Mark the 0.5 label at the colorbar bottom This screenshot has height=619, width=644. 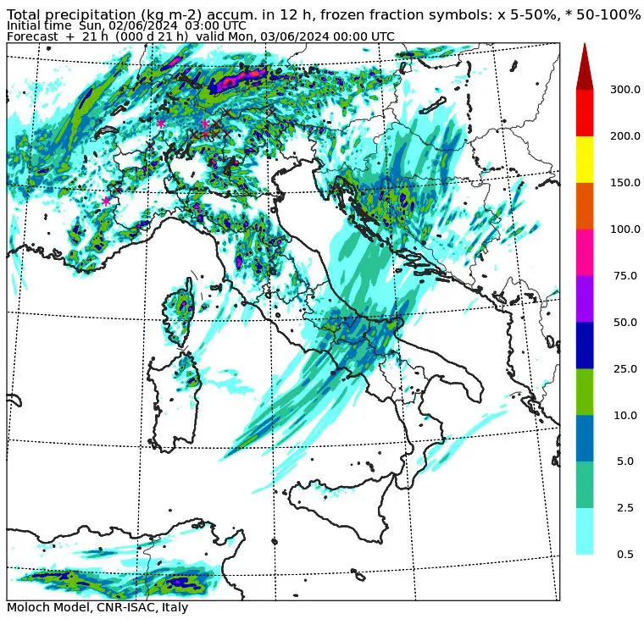[625, 555]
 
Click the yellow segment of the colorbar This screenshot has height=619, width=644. [585, 158]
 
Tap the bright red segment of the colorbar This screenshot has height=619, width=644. [585, 112]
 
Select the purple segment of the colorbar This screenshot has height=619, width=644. [585, 298]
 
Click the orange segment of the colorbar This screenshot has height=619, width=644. [585, 205]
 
